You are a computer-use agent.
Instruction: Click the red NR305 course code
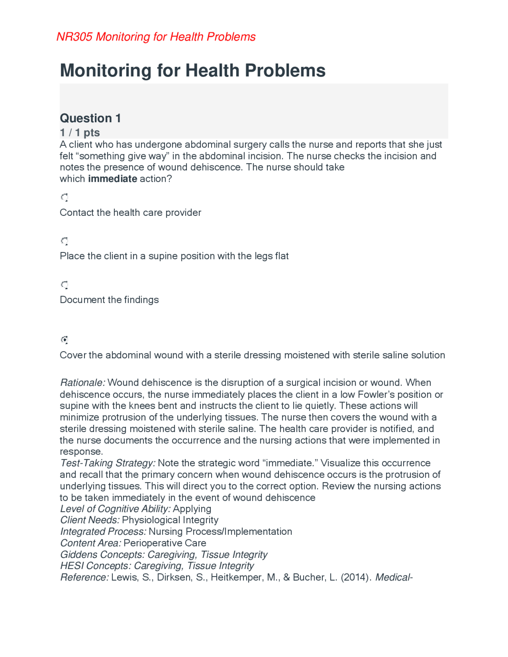[74, 37]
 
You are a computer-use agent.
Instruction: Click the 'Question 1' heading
[90, 118]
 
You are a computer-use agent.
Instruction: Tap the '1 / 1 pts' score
[79, 133]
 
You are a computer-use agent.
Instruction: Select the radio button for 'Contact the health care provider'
[65, 197]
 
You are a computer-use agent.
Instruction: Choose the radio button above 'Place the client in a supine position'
[65, 241]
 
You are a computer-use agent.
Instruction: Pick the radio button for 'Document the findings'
[65, 284]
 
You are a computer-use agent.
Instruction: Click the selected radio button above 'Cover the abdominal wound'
[65, 340]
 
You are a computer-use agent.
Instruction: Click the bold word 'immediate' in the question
[112, 179]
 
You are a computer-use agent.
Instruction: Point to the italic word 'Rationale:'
[83, 383]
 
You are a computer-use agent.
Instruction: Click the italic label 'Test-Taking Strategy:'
[108, 463]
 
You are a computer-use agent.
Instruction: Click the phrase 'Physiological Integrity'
[170, 520]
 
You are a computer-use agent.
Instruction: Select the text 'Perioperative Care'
[165, 543]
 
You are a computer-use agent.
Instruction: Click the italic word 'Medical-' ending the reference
[394, 578]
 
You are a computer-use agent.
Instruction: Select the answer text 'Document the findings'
[109, 300]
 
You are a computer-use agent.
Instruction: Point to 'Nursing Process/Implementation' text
[220, 532]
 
